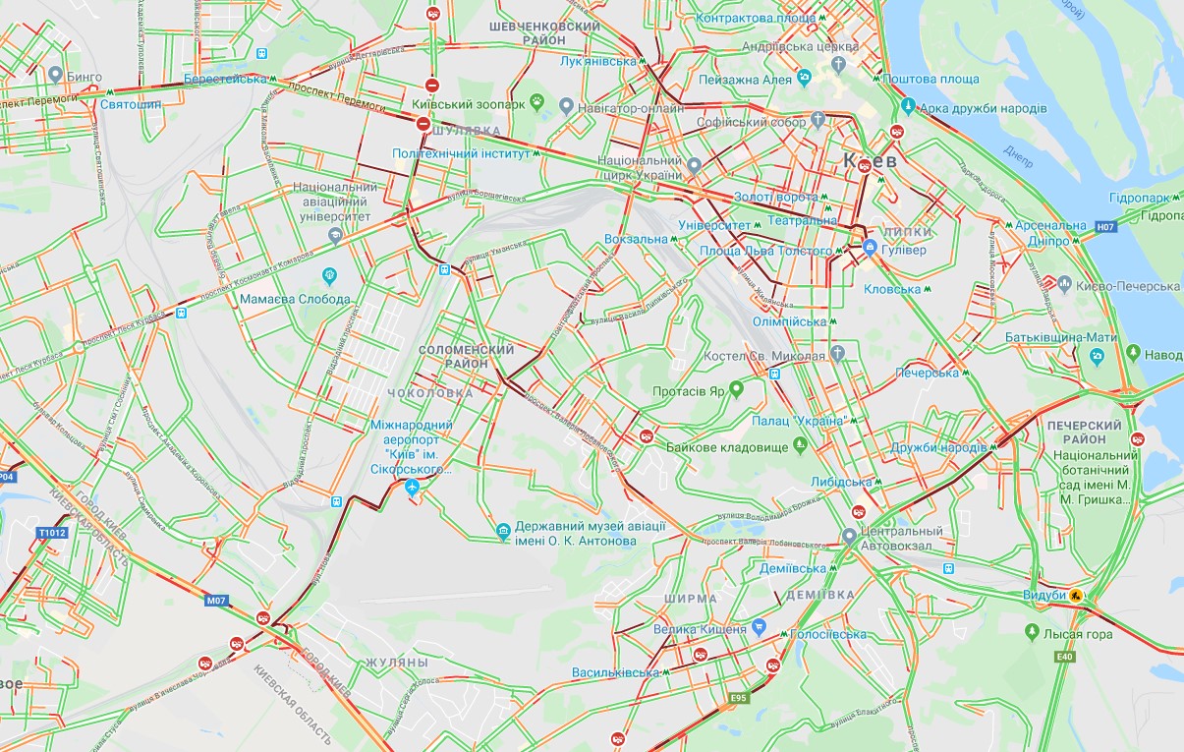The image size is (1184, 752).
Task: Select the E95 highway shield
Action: pos(739,700)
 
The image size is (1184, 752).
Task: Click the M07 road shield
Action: pos(217,599)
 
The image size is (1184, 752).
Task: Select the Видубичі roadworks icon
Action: pos(1077,596)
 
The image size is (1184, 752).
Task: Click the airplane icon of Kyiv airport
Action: pos(413,489)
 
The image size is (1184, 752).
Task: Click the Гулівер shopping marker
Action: pos(870,250)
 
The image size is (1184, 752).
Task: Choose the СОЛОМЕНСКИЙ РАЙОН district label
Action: pos(467,357)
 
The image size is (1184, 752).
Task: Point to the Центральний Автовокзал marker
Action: pos(850,537)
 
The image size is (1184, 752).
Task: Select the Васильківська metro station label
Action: pos(616,672)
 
